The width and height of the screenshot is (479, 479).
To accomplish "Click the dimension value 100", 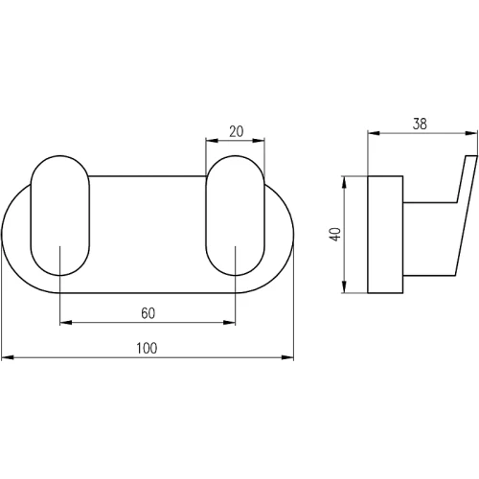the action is coord(147,348).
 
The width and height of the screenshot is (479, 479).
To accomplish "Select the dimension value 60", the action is coord(148,313).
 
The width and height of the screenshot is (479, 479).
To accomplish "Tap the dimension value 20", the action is coord(237,131).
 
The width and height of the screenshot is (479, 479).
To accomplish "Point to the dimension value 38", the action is coord(420,124).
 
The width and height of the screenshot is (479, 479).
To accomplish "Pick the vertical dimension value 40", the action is coord(335,235).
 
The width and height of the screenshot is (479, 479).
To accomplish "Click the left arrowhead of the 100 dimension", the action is coord(8,357).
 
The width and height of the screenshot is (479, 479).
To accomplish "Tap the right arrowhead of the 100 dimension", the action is coord(287,357).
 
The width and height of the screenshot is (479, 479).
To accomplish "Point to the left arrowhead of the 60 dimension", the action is coord(66,323).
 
